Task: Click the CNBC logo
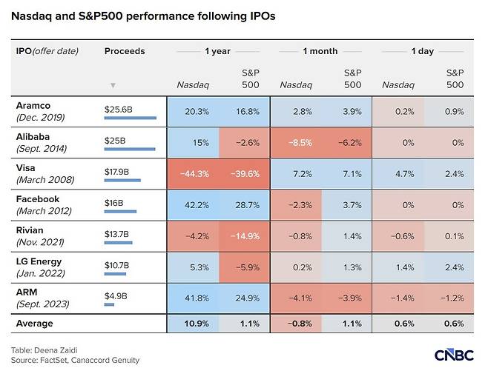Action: [x=454, y=355]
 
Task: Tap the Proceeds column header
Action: [x=125, y=51]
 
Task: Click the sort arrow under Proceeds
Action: [x=113, y=85]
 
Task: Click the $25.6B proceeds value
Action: [x=118, y=110]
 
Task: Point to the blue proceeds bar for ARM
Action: [x=109, y=304]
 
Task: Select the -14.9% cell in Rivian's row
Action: [x=244, y=236]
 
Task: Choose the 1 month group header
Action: [x=320, y=51]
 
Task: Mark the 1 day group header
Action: [x=422, y=51]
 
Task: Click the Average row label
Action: [x=35, y=324]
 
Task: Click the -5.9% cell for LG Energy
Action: [x=244, y=267]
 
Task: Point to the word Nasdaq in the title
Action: [x=31, y=16]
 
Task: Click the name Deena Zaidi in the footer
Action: [x=56, y=350]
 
